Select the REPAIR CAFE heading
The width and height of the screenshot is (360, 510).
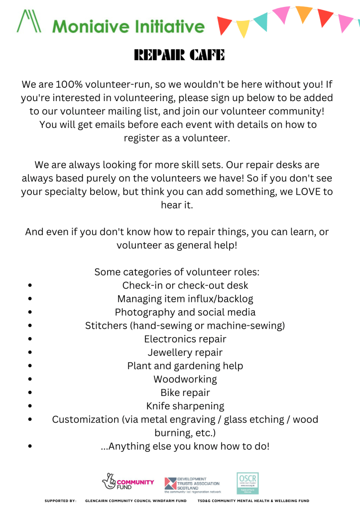(180, 55)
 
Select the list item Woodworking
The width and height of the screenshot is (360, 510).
(185, 380)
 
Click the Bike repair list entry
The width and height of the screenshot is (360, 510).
(185, 393)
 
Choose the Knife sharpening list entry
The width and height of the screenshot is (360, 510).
(185, 406)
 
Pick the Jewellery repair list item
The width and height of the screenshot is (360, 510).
(185, 353)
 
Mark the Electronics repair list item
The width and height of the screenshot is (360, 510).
(185, 339)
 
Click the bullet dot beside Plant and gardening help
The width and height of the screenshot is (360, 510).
(31, 366)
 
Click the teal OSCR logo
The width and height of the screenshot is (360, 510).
(247, 483)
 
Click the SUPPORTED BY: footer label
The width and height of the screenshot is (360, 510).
(60, 501)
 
